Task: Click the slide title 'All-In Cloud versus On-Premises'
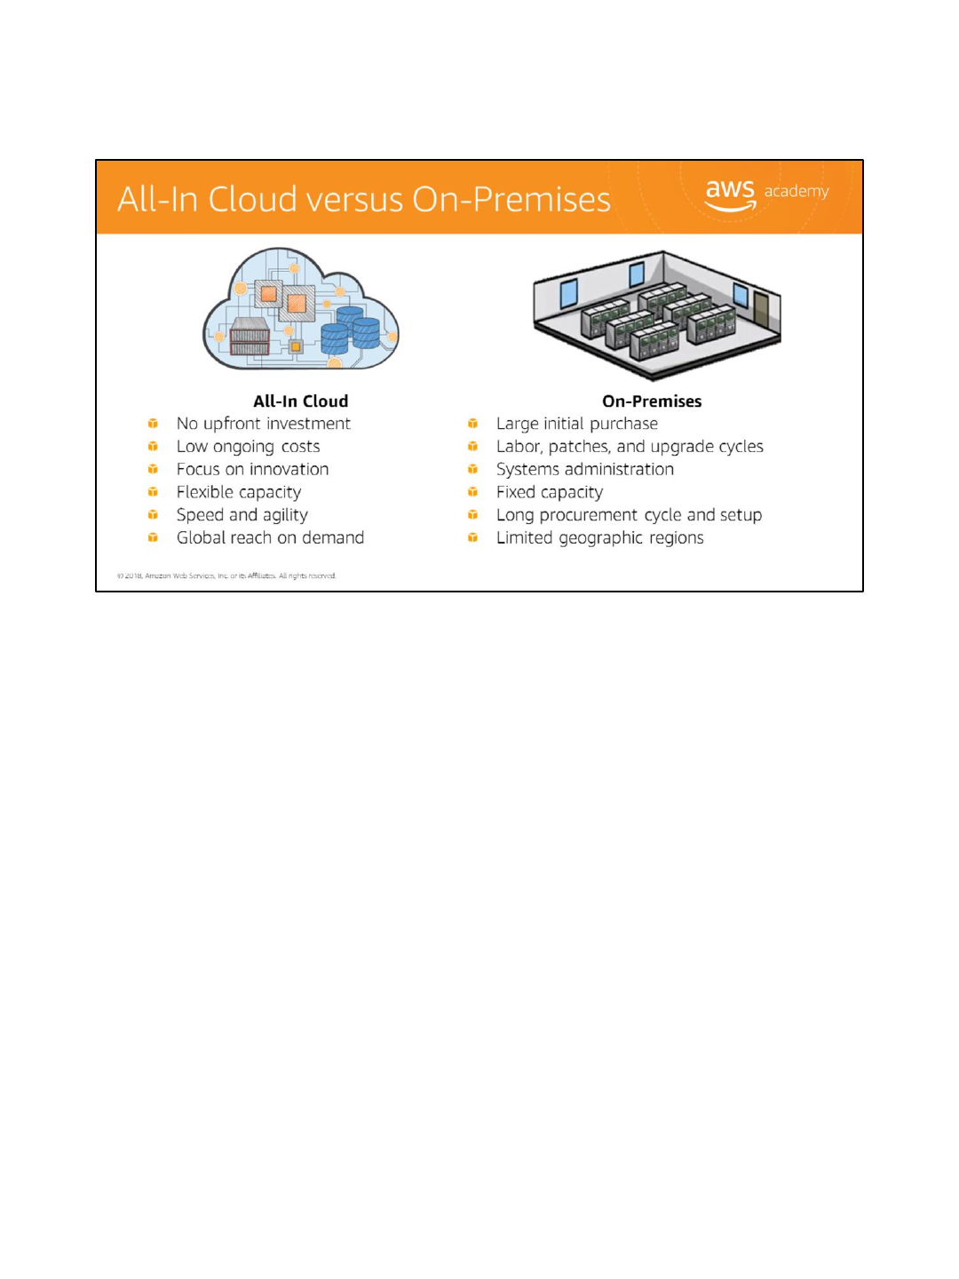click(x=364, y=200)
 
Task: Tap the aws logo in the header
click(x=730, y=194)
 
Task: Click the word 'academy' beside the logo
click(x=797, y=191)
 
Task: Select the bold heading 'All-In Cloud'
click(x=300, y=401)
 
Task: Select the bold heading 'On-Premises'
click(x=652, y=401)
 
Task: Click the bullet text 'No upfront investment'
click(x=263, y=424)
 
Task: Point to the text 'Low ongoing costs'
click(x=248, y=447)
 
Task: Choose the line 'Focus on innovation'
click(x=252, y=469)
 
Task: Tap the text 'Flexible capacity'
click(x=238, y=492)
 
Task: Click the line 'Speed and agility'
click(x=242, y=515)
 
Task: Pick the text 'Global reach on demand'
click(x=270, y=537)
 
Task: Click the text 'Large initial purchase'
click(x=576, y=424)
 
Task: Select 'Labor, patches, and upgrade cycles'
click(x=630, y=447)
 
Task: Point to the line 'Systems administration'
click(x=584, y=469)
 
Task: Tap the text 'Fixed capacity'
click(x=549, y=492)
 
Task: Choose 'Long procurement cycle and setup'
click(x=629, y=515)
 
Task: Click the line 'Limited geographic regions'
click(x=599, y=537)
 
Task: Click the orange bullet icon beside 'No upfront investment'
click(x=153, y=424)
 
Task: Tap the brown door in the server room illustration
click(x=761, y=308)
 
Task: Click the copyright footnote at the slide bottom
click(x=226, y=576)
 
